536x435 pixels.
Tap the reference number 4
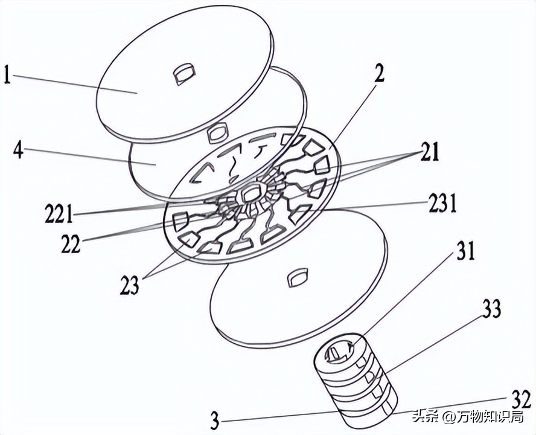click(x=18, y=150)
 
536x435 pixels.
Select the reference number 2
click(x=378, y=74)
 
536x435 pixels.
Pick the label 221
click(x=59, y=213)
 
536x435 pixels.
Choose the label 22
click(x=71, y=244)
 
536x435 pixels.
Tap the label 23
click(x=130, y=285)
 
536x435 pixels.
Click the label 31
click(x=464, y=251)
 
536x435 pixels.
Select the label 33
click(x=491, y=308)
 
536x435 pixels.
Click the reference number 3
click(x=214, y=420)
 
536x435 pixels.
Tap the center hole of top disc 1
click(x=184, y=73)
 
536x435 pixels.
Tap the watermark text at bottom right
click(x=468, y=416)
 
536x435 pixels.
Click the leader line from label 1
click(x=74, y=84)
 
